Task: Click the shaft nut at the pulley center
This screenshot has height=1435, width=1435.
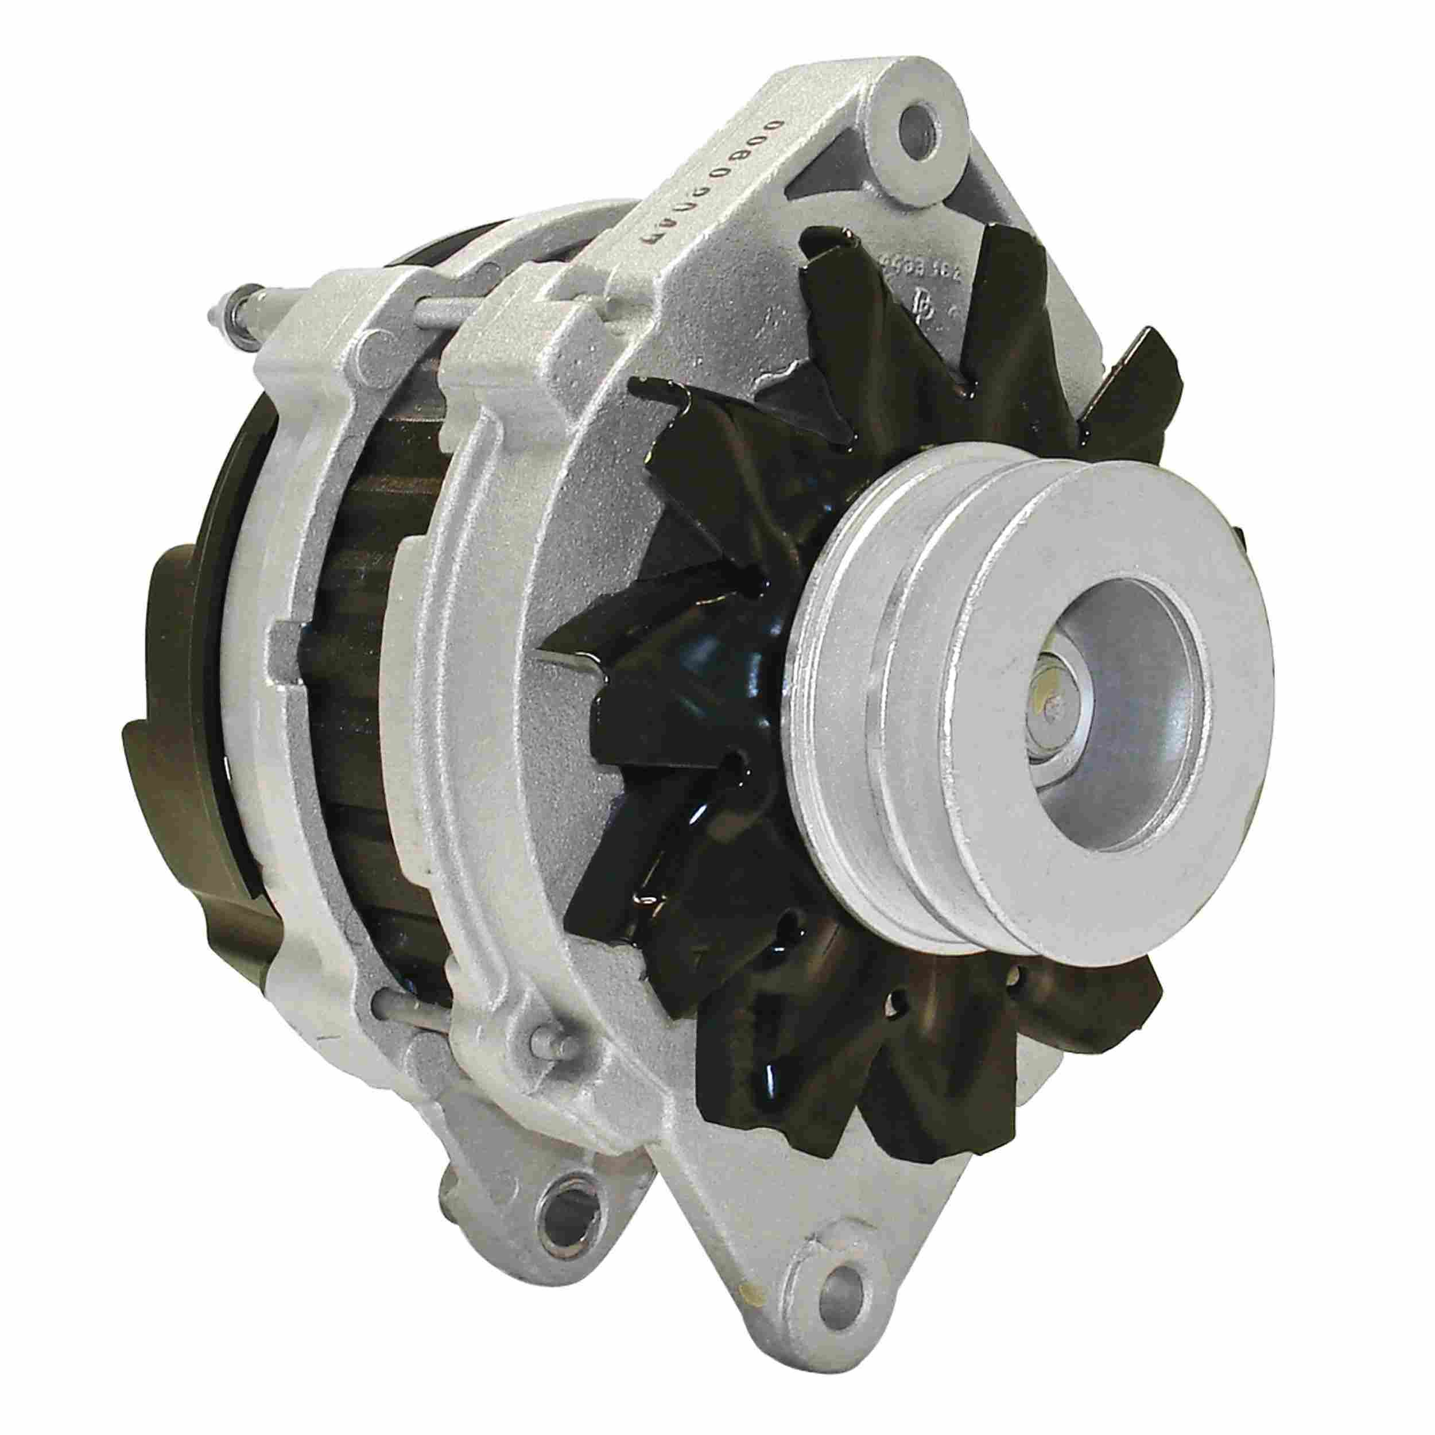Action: coord(1049,713)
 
